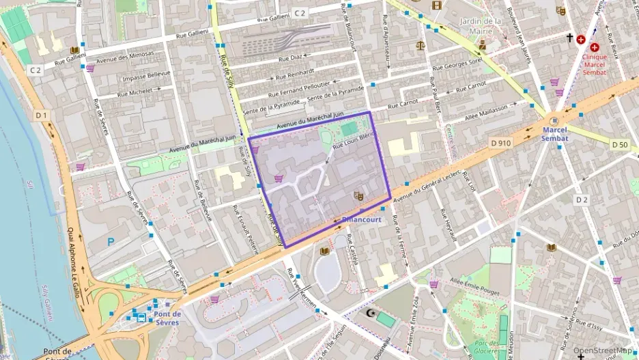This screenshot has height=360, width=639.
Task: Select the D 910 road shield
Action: point(500,143)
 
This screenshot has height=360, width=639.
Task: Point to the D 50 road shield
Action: point(619,144)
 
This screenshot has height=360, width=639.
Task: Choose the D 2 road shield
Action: point(581,199)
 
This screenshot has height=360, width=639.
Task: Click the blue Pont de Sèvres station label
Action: point(167,318)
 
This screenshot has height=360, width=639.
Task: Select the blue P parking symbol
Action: point(111,241)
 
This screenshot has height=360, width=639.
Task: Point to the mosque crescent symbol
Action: point(372,313)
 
